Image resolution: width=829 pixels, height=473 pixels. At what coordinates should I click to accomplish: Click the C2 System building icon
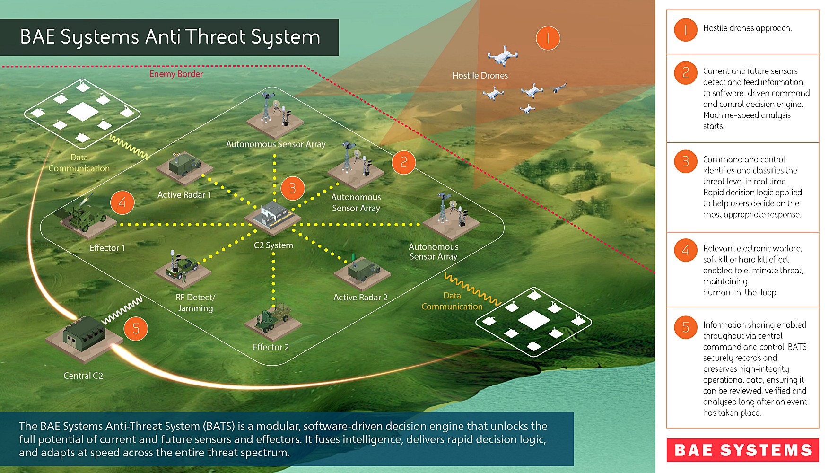pyautogui.click(x=273, y=216)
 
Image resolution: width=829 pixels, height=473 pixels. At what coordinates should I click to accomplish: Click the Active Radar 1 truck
pyautogui.click(x=184, y=166)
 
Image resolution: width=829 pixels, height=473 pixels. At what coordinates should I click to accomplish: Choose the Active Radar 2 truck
pyautogui.click(x=363, y=271)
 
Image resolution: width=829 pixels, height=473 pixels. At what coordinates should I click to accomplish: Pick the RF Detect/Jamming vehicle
pyautogui.click(x=182, y=270)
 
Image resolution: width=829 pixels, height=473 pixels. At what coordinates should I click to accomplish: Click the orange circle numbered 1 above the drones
pyautogui.click(x=548, y=38)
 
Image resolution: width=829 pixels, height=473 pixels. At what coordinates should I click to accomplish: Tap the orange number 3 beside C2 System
pyautogui.click(x=293, y=188)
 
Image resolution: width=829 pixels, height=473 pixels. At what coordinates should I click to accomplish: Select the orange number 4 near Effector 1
pyautogui.click(x=122, y=202)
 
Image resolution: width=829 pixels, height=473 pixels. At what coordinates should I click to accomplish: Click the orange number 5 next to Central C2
pyautogui.click(x=136, y=328)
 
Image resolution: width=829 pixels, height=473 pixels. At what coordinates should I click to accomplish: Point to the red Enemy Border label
pyautogui.click(x=176, y=74)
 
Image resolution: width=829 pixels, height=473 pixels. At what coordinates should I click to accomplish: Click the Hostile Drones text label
pyautogui.click(x=480, y=76)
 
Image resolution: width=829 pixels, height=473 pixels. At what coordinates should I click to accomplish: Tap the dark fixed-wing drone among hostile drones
pyautogui.click(x=558, y=88)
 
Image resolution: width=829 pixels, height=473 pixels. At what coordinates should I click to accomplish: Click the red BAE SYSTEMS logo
pyautogui.click(x=742, y=450)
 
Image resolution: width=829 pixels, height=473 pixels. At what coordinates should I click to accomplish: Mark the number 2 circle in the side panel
pyautogui.click(x=685, y=73)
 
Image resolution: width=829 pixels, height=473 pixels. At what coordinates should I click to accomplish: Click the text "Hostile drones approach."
pyautogui.click(x=747, y=28)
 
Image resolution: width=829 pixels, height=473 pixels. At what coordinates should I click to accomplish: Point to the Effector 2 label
pyautogui.click(x=271, y=347)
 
